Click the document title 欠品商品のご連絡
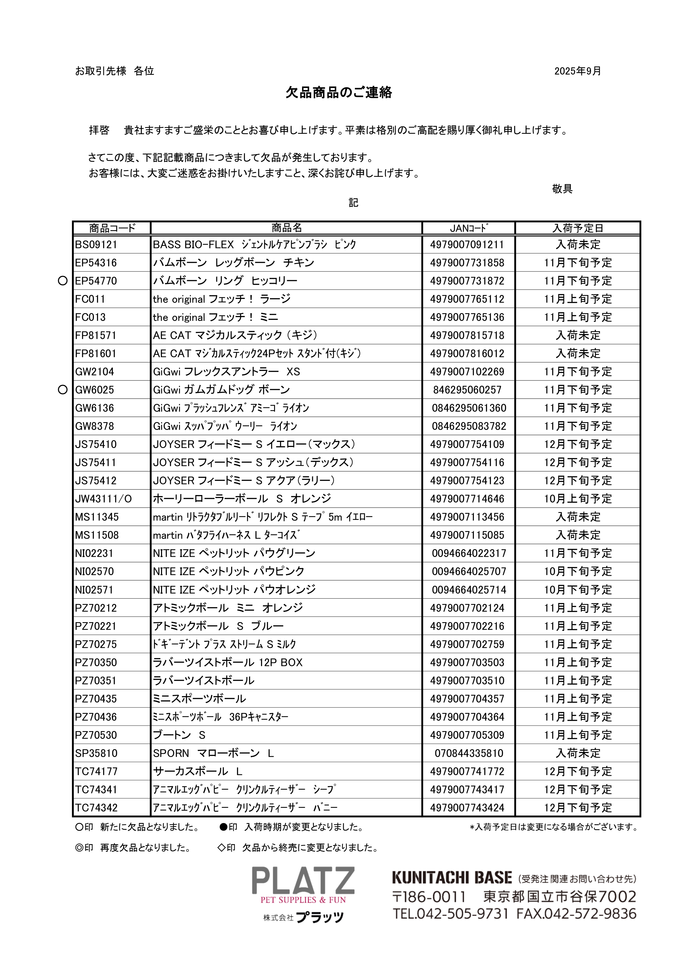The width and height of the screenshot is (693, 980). [x=339, y=93]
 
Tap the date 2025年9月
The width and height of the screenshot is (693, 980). [x=577, y=71]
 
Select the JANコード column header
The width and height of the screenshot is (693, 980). [x=468, y=228]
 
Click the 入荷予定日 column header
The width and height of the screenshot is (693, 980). [x=578, y=228]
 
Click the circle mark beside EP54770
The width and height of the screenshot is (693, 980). [x=63, y=281]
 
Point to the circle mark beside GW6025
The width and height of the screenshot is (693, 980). [x=63, y=390]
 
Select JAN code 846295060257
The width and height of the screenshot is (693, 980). [x=467, y=390]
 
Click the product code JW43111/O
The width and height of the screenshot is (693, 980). [x=103, y=499]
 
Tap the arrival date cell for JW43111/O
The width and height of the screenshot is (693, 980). [x=578, y=499]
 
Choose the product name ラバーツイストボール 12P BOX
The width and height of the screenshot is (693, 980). [x=227, y=662]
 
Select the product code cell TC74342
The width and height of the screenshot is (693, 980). [x=96, y=808]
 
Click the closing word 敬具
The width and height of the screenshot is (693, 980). [x=562, y=189]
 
